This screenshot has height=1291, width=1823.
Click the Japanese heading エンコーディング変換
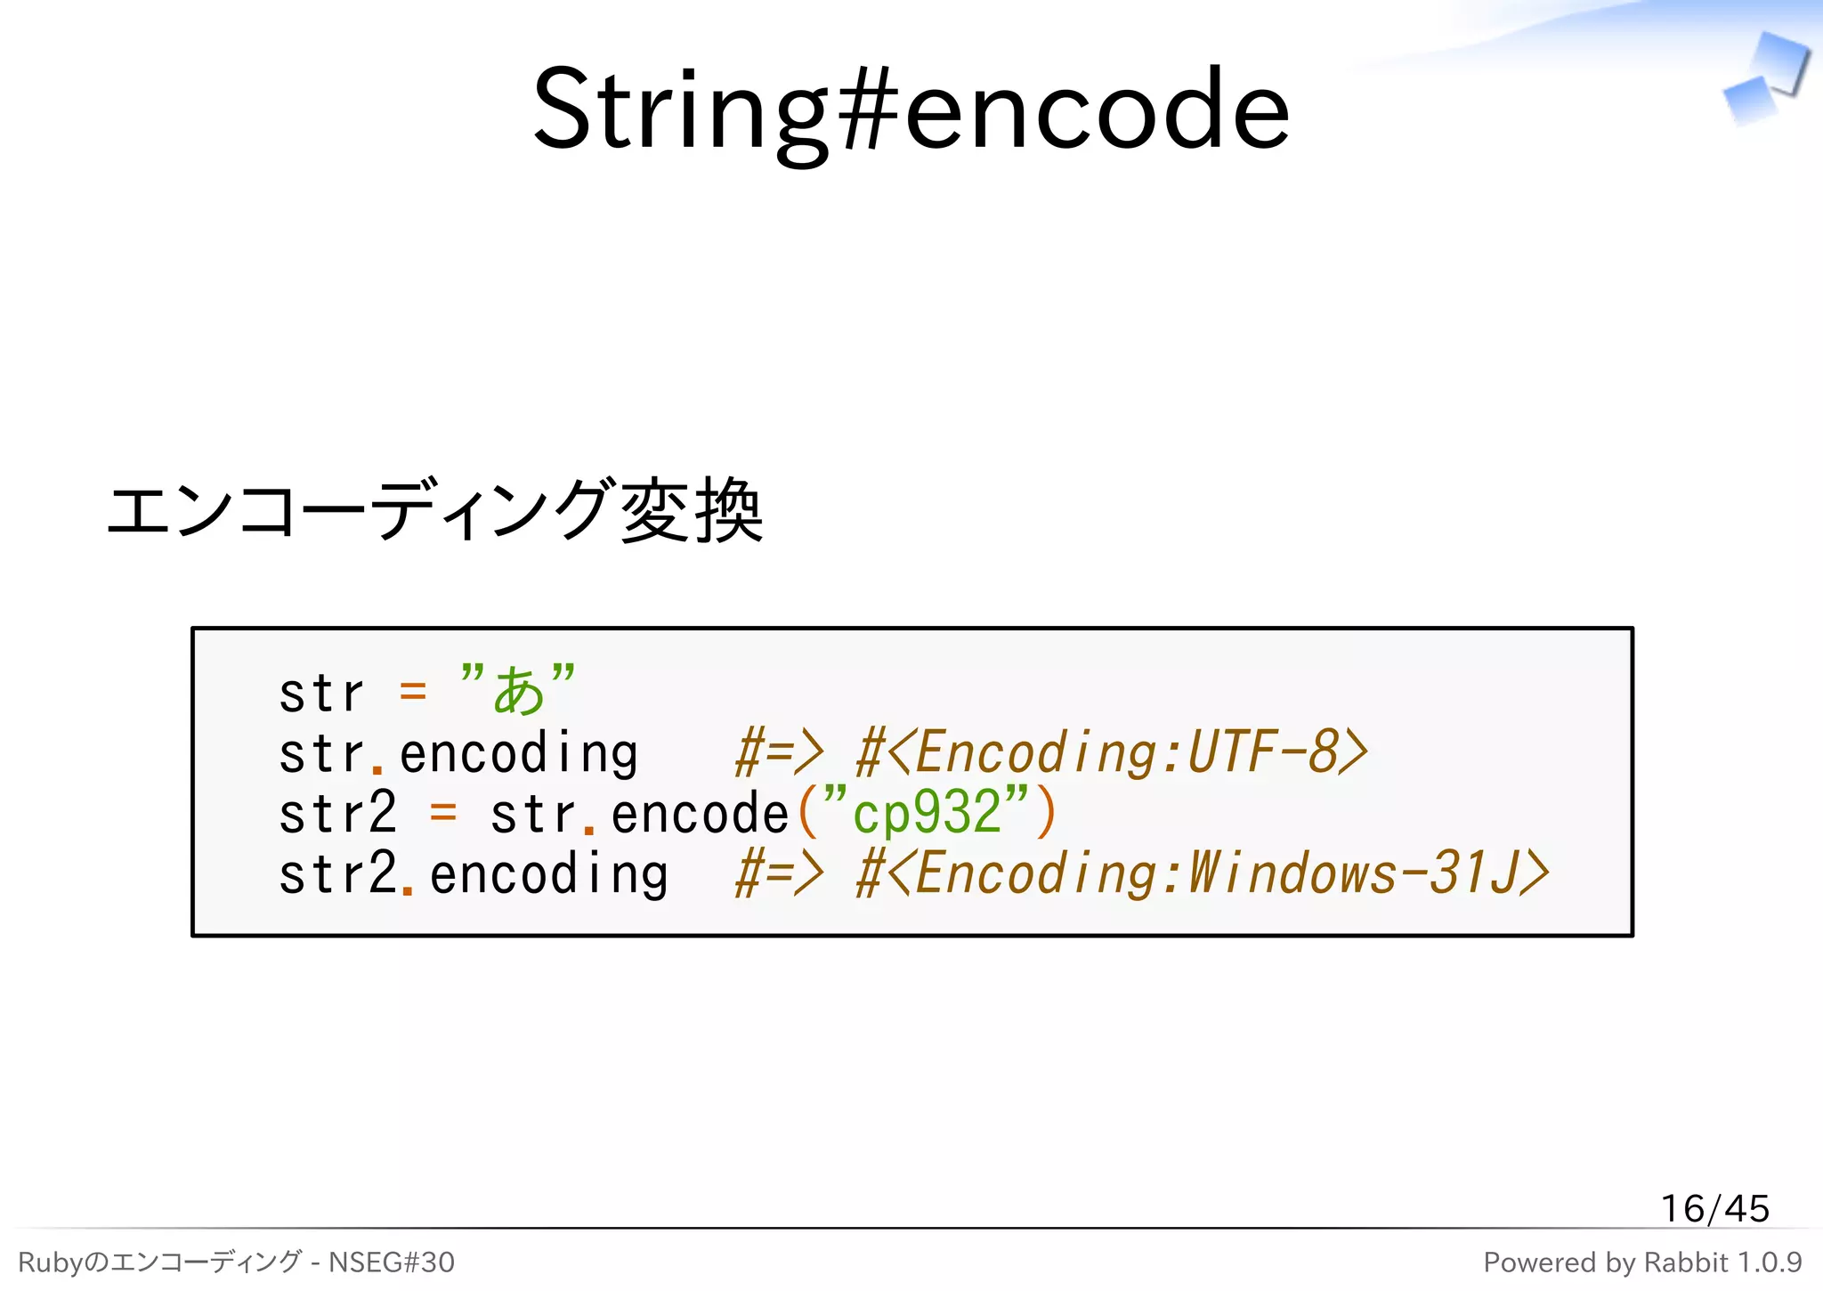434,511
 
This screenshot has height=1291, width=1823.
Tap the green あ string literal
518,691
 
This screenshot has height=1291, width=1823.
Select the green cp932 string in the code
926,814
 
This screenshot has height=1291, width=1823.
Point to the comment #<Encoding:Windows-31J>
1202,873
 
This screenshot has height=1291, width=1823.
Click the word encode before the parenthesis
700,814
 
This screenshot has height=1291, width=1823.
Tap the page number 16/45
1714,1208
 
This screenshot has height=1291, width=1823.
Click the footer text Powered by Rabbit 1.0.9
1642,1263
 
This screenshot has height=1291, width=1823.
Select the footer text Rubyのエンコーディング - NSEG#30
236,1263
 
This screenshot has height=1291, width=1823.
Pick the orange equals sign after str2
442,814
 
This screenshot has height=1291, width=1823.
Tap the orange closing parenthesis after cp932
1046,814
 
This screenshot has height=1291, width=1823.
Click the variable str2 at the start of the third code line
337,814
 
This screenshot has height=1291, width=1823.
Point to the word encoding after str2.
548,873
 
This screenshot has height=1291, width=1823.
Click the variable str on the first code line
321,693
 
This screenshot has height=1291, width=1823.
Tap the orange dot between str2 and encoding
408,888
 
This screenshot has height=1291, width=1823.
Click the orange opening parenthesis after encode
807,814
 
